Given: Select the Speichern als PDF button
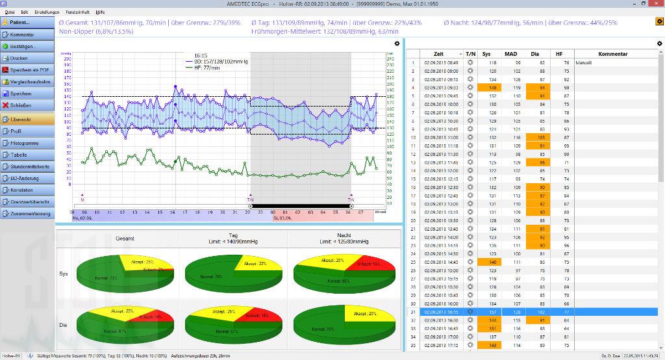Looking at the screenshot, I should pyautogui.click(x=26, y=70).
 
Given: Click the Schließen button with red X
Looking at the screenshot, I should pyautogui.click(x=26, y=105).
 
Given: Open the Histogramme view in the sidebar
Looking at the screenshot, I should pyautogui.click(x=26, y=142).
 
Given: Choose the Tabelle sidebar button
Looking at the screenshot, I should pyautogui.click(x=26, y=154).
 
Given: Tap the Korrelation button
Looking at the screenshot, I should pyautogui.click(x=26, y=190).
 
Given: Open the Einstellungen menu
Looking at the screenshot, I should pyautogui.click(x=47, y=12).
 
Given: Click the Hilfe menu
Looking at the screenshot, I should pyautogui.click(x=100, y=12).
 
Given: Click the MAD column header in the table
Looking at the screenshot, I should pyautogui.click(x=511, y=54).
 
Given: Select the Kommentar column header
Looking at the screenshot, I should pyautogui.click(x=612, y=54).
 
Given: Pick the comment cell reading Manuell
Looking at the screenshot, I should pyautogui.click(x=584, y=63).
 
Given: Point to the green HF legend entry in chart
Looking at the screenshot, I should pyautogui.click(x=207, y=67).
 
